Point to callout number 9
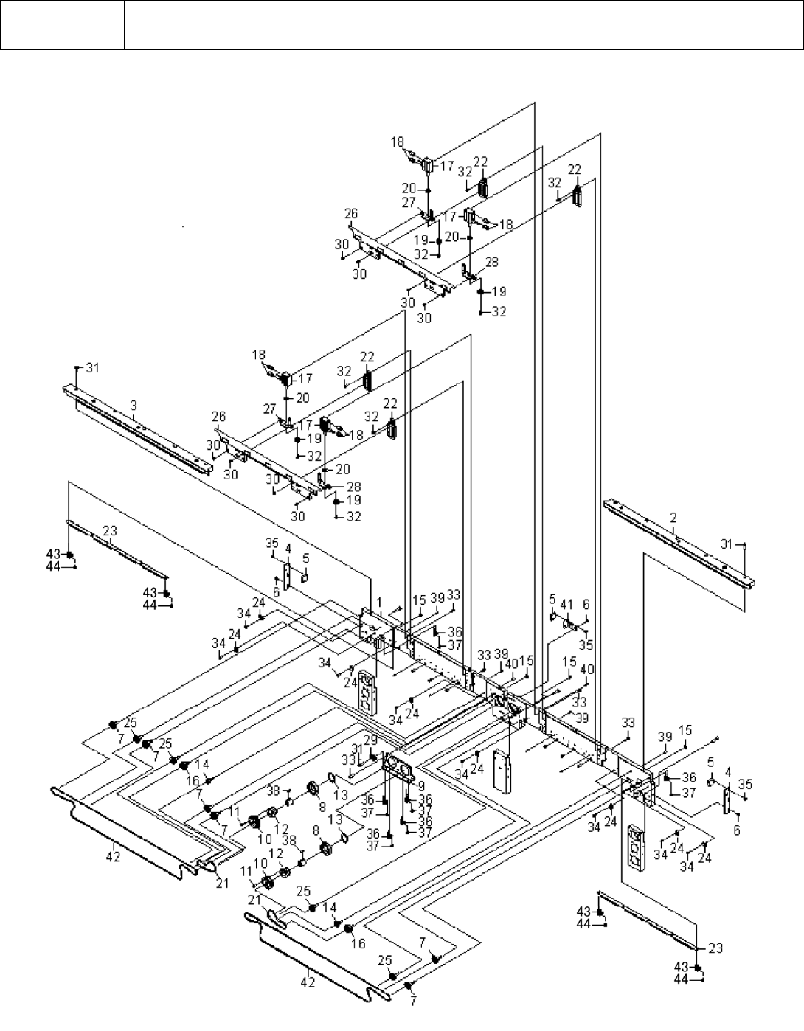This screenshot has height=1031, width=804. [420, 786]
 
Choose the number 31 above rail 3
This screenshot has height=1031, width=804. [92, 367]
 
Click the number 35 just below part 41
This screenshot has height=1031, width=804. [586, 645]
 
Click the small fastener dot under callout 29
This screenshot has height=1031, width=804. [372, 757]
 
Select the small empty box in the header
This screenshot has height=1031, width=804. [62, 25]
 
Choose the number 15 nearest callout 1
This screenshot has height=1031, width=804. [420, 600]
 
